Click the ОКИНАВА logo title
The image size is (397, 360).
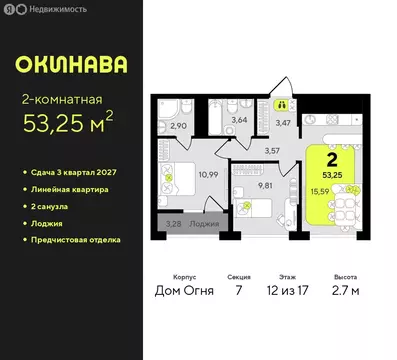tap(71, 64)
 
